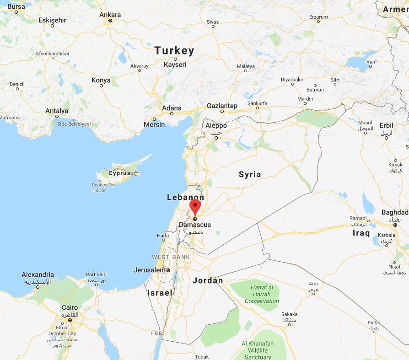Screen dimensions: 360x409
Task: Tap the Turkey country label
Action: [174, 51]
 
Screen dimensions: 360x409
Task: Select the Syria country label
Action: [250, 174]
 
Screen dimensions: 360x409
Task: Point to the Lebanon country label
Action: [185, 197]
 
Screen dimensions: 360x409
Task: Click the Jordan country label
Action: [208, 280]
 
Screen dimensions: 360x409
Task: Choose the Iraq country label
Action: [361, 233]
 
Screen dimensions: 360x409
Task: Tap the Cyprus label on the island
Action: [119, 173]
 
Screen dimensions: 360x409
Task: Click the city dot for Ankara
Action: [110, 21]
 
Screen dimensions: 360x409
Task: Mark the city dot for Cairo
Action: [70, 320]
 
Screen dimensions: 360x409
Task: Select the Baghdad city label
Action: [394, 213]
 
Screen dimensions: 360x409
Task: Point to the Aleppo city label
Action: [216, 126]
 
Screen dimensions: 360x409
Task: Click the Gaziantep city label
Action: [222, 106]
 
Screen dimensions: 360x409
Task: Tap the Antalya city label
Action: [57, 111]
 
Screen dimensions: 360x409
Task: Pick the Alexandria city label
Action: [38, 275]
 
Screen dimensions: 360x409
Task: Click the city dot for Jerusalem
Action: [168, 270]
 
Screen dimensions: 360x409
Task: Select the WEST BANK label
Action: [171, 257]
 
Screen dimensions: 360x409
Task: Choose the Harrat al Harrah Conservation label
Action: [262, 294]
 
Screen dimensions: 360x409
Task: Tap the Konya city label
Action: [101, 80]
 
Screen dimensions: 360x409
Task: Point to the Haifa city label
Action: [163, 236]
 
